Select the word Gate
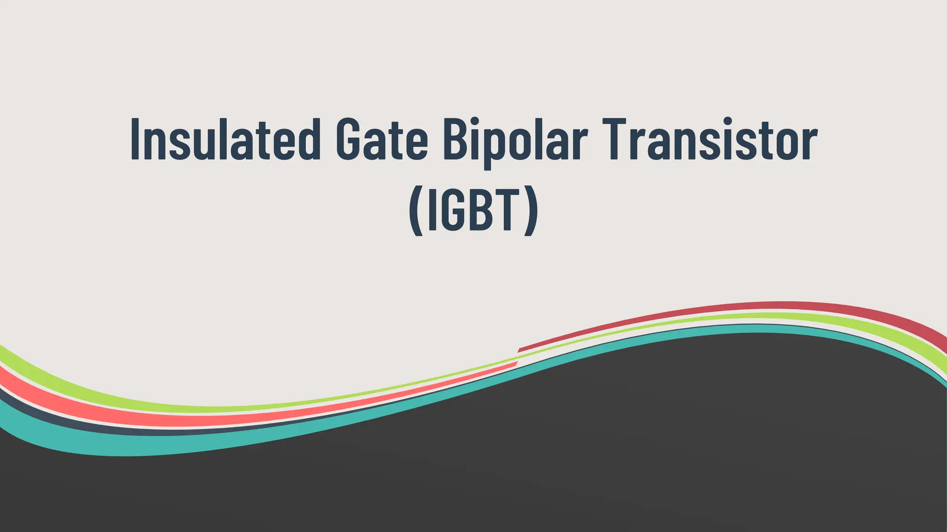[382, 139]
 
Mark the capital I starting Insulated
[135, 139]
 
